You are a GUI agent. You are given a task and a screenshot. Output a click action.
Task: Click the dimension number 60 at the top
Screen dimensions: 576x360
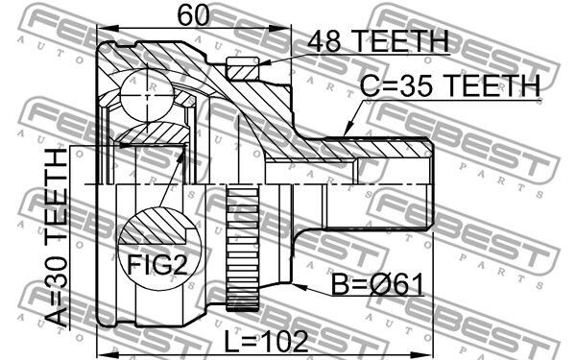(x=194, y=15)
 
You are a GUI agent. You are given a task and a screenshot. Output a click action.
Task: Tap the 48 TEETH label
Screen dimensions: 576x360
(x=378, y=40)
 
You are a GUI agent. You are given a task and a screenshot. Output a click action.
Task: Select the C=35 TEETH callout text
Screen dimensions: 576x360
(x=450, y=85)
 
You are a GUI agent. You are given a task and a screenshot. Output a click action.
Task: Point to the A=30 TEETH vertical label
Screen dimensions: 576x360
(x=57, y=238)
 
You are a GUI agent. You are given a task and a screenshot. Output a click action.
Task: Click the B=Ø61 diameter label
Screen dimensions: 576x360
(x=377, y=284)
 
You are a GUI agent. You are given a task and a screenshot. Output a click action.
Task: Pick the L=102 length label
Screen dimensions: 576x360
(x=266, y=341)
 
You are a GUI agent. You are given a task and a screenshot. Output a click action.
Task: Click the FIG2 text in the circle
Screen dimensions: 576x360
(x=157, y=265)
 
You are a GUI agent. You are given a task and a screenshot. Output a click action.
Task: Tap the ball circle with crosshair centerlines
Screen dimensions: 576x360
(x=147, y=95)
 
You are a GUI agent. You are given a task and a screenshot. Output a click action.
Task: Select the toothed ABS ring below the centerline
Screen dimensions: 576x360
(x=243, y=250)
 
